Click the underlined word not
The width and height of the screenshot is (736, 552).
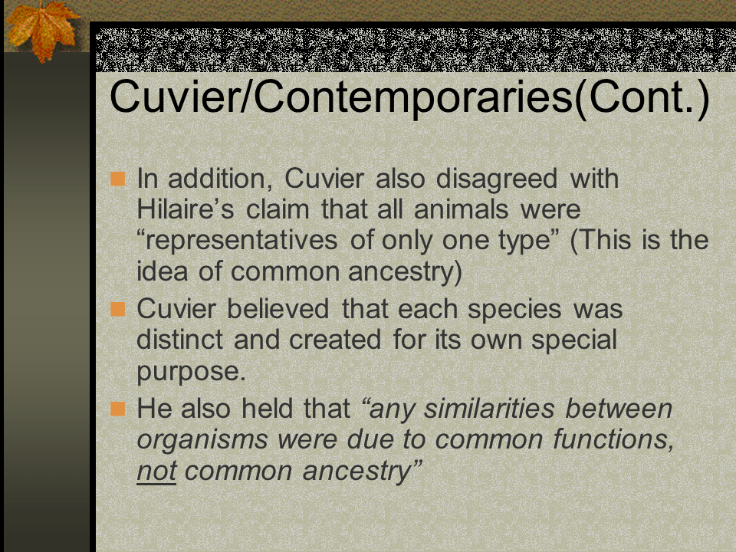point(156,471)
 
